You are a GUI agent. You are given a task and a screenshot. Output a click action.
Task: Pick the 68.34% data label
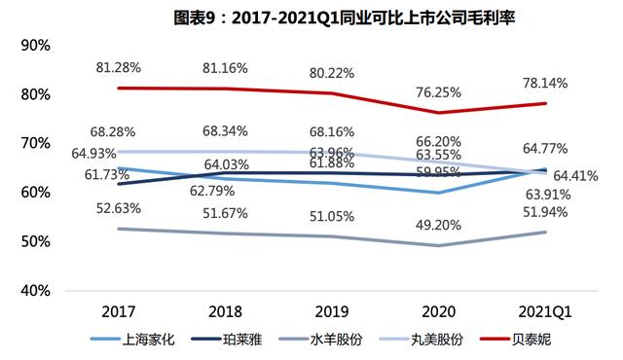click(x=224, y=129)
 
